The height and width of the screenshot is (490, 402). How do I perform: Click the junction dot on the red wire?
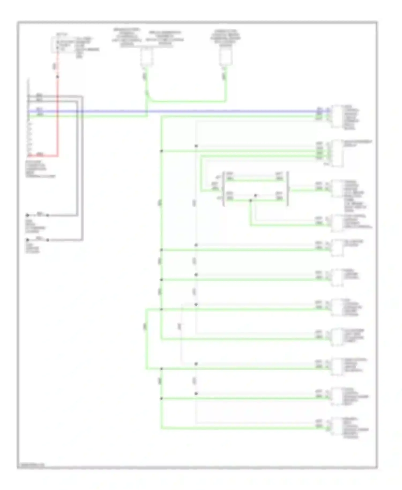coord(57,77)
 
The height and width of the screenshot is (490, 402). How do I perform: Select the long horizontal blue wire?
coord(188,111)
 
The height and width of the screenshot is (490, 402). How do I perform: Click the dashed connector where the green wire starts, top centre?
coord(146,57)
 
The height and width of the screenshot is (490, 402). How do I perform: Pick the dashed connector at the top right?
coord(226,57)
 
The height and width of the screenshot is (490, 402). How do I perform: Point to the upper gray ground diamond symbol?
coord(27,215)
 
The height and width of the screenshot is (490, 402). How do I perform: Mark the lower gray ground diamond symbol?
coord(27,240)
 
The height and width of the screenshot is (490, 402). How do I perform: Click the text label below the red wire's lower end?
coord(40,169)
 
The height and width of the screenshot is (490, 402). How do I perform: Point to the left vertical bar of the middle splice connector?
coord(224,189)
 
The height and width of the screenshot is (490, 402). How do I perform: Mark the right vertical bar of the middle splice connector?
coord(288,189)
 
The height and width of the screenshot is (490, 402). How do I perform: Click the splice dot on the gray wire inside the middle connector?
coord(255,196)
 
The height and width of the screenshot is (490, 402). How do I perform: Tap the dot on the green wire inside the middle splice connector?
coord(251,200)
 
